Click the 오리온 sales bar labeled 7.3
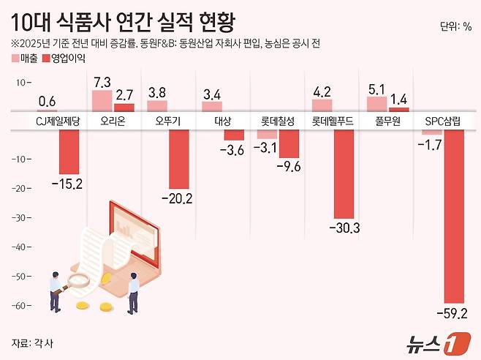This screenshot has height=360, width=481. (102, 100)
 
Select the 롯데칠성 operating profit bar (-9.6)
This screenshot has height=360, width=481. (289, 143)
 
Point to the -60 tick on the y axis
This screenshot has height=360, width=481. (24, 305)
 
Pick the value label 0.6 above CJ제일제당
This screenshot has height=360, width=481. (48, 102)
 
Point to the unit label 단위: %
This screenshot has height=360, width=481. (455, 27)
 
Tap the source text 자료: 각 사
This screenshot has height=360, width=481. (32, 342)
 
